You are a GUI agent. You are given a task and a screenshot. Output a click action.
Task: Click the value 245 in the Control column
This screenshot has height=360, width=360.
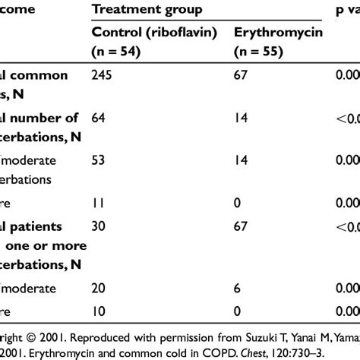coord(103,75)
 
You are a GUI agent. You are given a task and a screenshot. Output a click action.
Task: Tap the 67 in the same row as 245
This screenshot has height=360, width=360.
coord(242,75)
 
